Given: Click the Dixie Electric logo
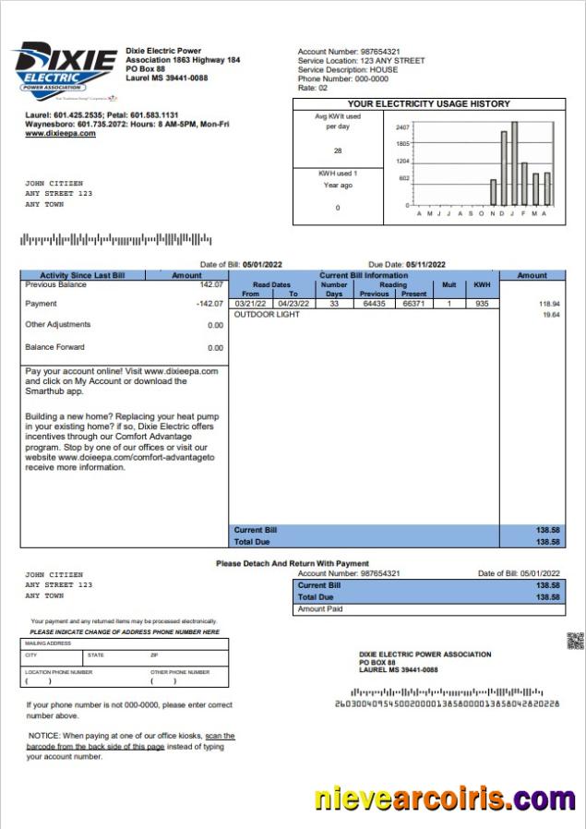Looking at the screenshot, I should (64, 71).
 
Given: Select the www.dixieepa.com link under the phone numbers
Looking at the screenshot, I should (60, 134).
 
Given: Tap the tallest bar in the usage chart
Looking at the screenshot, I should (514, 163).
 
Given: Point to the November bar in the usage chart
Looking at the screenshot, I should (493, 192).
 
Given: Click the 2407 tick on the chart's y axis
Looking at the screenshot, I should (402, 127).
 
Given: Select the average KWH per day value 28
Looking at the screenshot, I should (338, 150).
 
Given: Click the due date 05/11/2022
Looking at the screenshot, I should (425, 265).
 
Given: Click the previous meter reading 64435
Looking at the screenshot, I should (374, 304).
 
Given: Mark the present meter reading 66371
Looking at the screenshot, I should (414, 304).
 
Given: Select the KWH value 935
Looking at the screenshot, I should (481, 304).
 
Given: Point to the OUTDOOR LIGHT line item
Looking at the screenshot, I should (267, 315).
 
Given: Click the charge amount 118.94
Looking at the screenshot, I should (548, 304).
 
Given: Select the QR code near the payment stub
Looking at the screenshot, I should (574, 640).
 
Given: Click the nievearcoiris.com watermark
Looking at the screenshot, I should (445, 798).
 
